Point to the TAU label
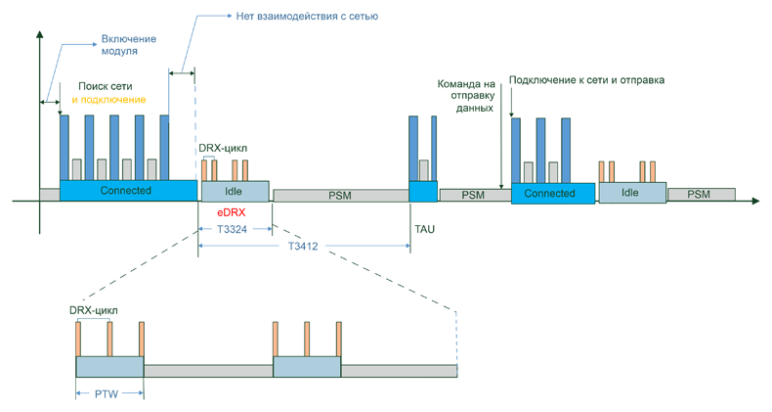[425, 228]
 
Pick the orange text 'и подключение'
[108, 100]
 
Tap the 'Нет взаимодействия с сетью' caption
[307, 17]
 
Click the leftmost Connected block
[127, 191]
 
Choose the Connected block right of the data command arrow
[549, 193]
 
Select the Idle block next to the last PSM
[630, 193]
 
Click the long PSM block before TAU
[340, 196]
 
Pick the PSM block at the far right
[700, 195]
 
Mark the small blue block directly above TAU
[423, 192]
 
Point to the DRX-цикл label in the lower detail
[94, 311]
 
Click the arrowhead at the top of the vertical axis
[39, 35]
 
